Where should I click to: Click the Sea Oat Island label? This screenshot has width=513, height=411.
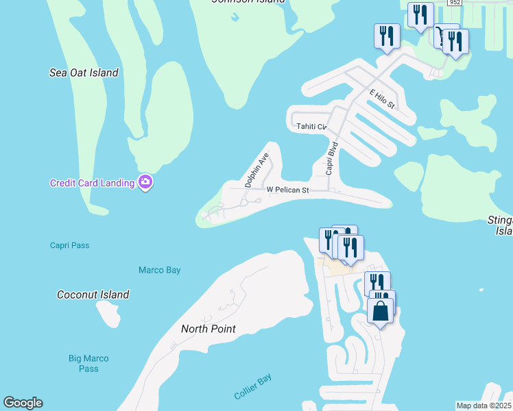[x=84, y=73]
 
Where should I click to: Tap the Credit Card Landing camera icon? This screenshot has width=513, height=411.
[x=145, y=182]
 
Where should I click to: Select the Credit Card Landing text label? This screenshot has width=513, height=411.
[x=93, y=183]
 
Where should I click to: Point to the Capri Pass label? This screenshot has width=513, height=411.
[x=69, y=245]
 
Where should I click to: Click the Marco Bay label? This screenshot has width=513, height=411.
[x=160, y=270]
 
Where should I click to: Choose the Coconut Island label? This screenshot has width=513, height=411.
[x=93, y=295]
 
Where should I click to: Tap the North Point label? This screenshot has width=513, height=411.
[x=208, y=329]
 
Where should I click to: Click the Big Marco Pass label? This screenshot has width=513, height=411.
[x=88, y=363]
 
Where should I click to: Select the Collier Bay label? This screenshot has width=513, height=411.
[x=253, y=387]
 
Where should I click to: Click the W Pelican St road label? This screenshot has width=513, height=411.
[x=288, y=189]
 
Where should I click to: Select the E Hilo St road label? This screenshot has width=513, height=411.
[x=382, y=99]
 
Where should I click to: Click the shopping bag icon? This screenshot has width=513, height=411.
[x=381, y=311]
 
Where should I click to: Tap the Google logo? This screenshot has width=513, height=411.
[x=23, y=403]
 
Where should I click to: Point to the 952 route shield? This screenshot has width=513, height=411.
[x=454, y=3]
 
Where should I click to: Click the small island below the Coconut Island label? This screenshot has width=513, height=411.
[x=110, y=314]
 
